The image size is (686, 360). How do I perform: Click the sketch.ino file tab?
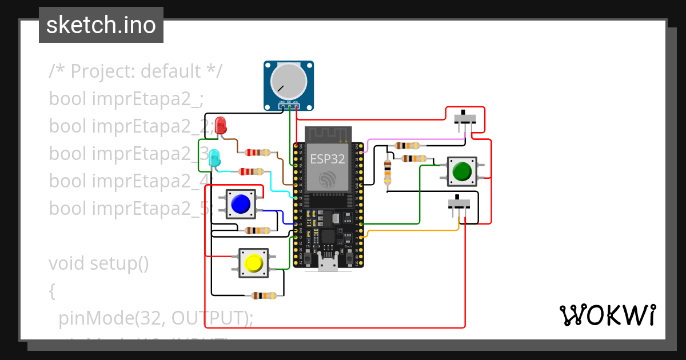point(101,25)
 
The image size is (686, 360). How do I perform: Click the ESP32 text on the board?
point(326,159)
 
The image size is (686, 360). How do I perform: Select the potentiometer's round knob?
point(289,80)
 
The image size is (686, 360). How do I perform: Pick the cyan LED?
point(214,158)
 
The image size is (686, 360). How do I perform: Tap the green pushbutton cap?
point(461,171)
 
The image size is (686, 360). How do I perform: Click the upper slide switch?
point(465,119)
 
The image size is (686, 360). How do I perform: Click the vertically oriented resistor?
point(388,171)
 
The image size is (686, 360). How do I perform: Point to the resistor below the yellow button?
point(264,295)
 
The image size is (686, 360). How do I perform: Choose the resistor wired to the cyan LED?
point(251,171)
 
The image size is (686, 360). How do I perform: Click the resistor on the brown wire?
point(257,153)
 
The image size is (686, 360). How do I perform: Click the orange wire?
point(412,230)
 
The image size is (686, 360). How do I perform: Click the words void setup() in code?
point(98,263)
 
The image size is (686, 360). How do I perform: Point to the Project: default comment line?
point(135,71)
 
